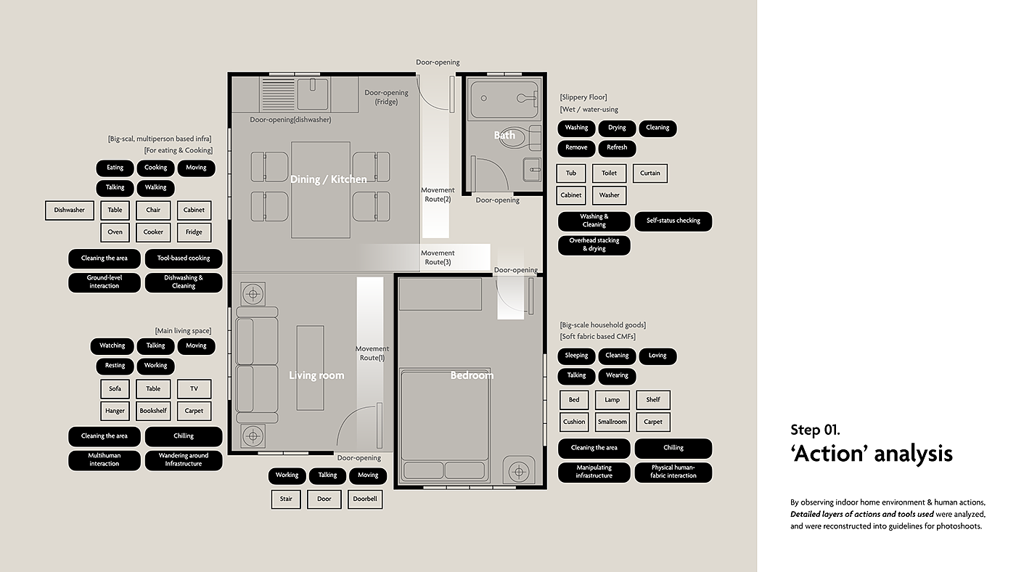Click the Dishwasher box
click(x=70, y=211)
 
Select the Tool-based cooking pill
click(x=184, y=258)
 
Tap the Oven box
click(x=115, y=232)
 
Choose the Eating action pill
click(x=115, y=168)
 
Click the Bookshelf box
click(x=153, y=411)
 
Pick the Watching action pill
click(x=112, y=346)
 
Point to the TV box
click(x=194, y=389)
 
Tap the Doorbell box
click(x=365, y=499)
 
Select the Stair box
click(x=286, y=499)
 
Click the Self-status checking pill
click(x=673, y=221)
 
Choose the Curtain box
click(x=650, y=173)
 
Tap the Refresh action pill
click(x=617, y=148)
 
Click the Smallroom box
click(x=613, y=422)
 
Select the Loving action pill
click(x=657, y=356)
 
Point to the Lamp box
click(x=613, y=400)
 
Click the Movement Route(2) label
click(x=438, y=195)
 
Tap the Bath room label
click(x=504, y=135)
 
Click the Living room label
click(x=316, y=375)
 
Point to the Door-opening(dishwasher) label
click(x=290, y=120)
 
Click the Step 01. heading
click(x=815, y=430)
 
